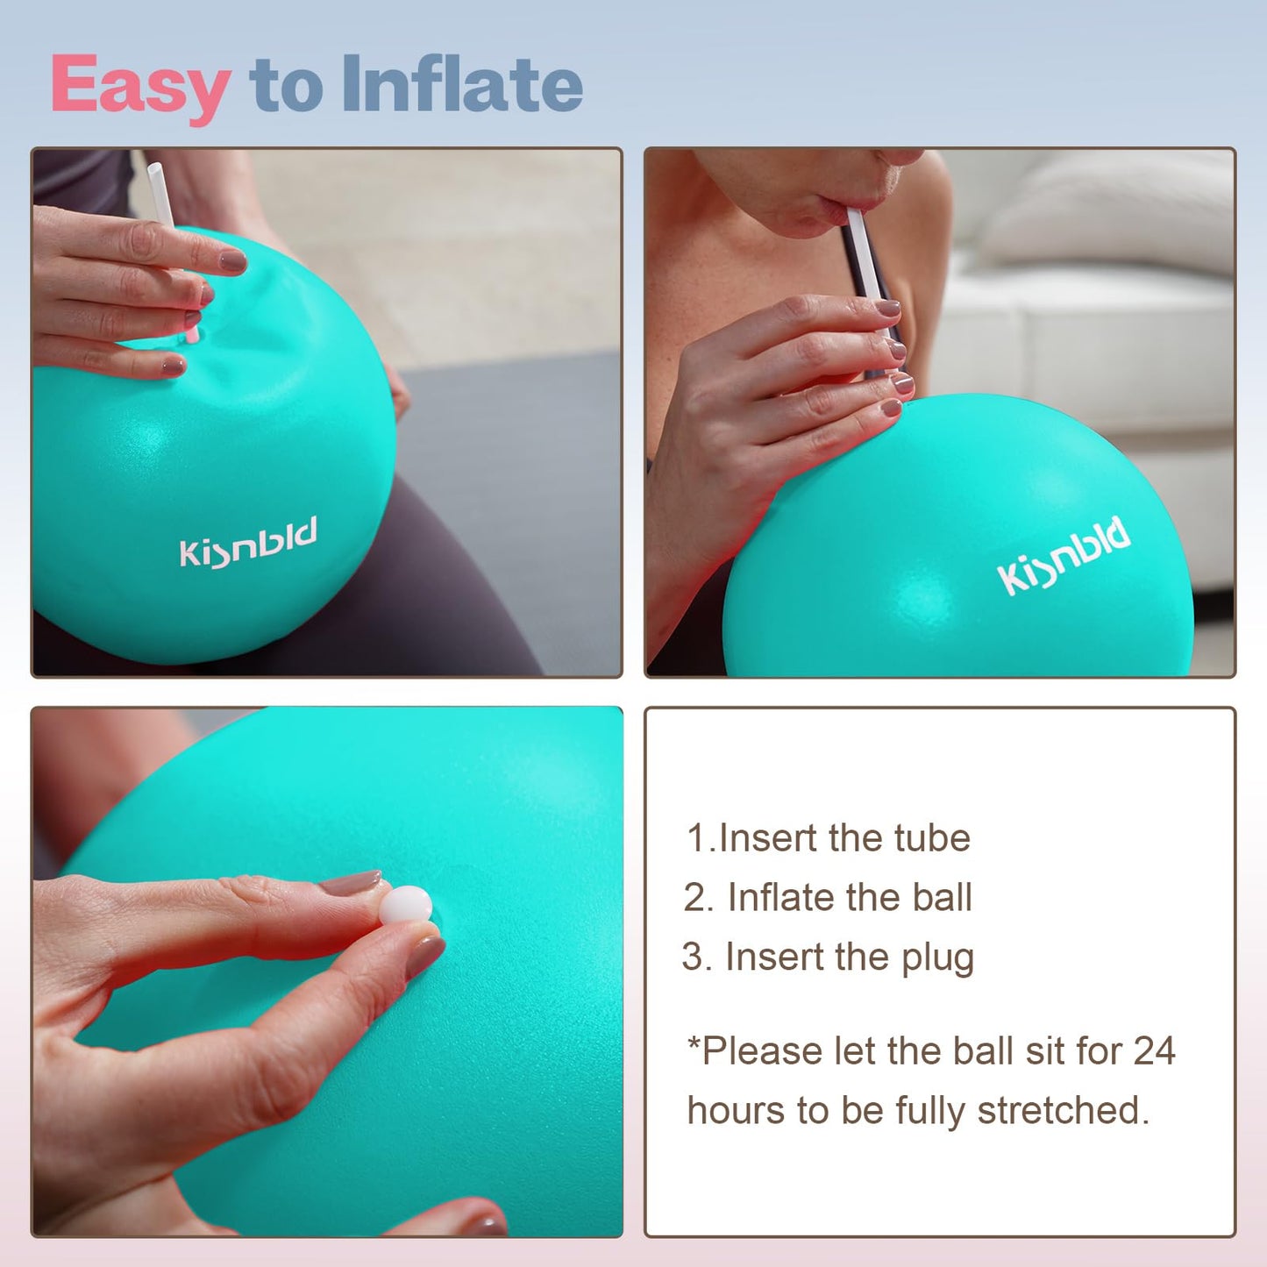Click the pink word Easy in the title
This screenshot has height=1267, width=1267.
(140, 86)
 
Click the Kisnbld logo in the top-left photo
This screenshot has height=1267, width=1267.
(247, 543)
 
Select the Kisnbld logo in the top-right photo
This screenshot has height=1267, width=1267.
(1063, 555)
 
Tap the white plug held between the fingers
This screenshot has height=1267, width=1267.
(405, 905)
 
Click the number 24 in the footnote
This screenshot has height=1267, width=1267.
(1154, 1050)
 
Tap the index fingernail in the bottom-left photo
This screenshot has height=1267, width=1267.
(351, 883)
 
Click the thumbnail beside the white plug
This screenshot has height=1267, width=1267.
(425, 956)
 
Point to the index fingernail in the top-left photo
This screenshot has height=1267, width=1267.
(232, 260)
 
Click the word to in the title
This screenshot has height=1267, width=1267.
(286, 86)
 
